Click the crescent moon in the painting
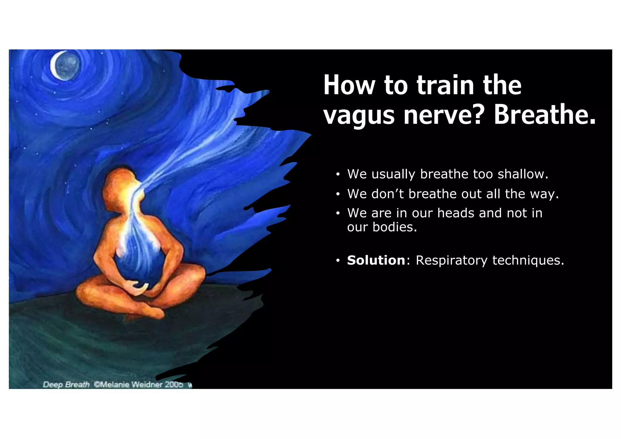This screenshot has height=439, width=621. point(65,66)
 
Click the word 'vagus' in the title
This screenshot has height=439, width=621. point(359,115)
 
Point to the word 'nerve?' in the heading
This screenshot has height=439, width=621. point(444,115)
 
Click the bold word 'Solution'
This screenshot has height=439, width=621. point(376,260)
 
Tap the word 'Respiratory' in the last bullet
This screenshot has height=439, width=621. point(451,260)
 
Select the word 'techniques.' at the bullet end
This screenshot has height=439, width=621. point(528,260)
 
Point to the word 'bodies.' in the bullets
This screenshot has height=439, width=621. point(395,227)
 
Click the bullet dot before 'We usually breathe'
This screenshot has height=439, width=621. point(338,175)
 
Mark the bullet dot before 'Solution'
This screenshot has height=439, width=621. point(338,261)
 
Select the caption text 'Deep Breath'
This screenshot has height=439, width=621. point(66,384)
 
